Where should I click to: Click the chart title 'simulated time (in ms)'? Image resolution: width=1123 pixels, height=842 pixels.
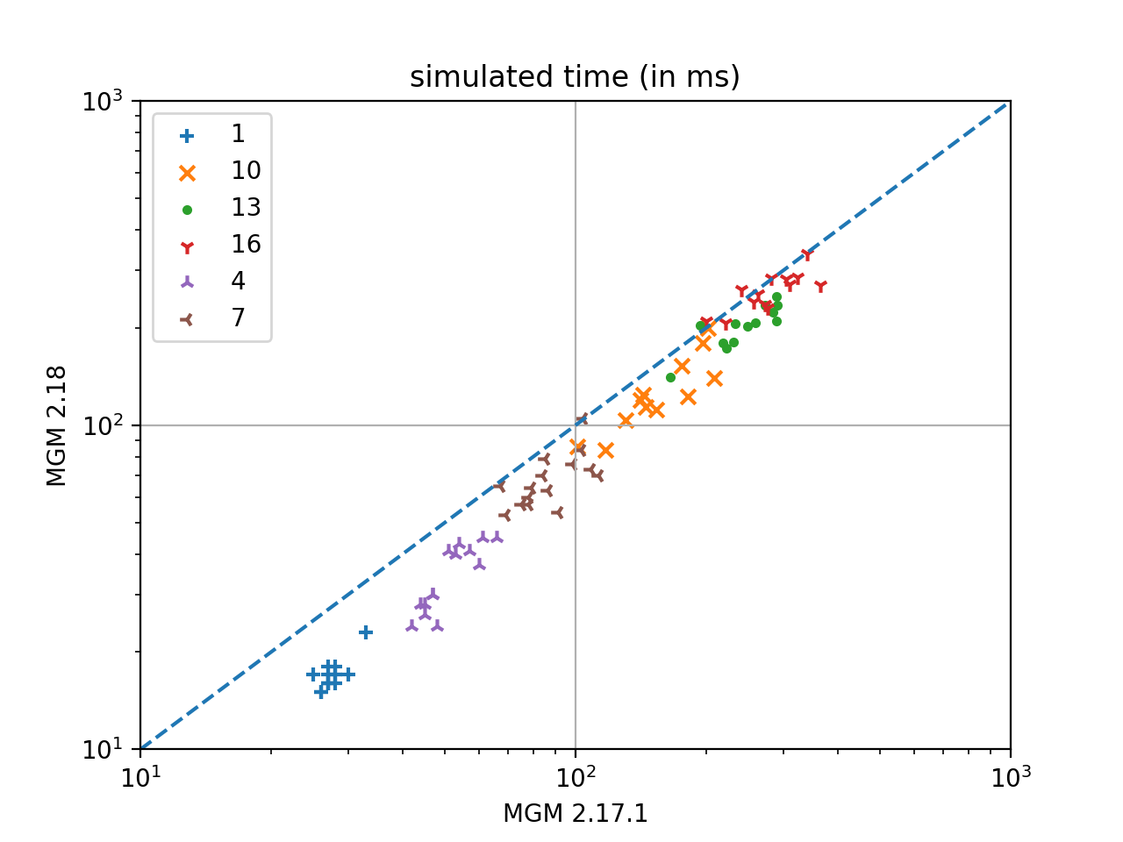point(575,77)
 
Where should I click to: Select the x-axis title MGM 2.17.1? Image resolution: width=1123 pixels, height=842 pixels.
point(575,814)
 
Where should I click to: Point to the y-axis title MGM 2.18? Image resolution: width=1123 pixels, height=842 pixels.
point(57,425)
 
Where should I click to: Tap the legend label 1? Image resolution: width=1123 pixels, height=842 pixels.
point(238,134)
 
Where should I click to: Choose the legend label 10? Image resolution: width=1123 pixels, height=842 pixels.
point(246,171)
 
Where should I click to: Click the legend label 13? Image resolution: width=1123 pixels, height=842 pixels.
point(246,208)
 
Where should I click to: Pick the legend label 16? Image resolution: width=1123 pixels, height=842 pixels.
point(246,245)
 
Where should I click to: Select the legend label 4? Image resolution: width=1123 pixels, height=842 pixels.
point(238,282)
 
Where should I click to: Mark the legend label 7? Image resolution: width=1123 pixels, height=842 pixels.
point(238,318)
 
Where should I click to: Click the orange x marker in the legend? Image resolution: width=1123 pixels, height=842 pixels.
point(187,173)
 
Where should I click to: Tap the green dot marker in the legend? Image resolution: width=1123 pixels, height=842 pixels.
point(187,210)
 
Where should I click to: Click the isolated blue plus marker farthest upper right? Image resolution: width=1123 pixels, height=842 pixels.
point(366,632)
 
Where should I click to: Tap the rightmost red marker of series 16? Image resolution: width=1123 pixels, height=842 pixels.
point(820,287)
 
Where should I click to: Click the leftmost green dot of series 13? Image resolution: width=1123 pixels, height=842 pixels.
point(670,378)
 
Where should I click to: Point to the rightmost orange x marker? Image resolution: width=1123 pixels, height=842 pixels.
point(714,379)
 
